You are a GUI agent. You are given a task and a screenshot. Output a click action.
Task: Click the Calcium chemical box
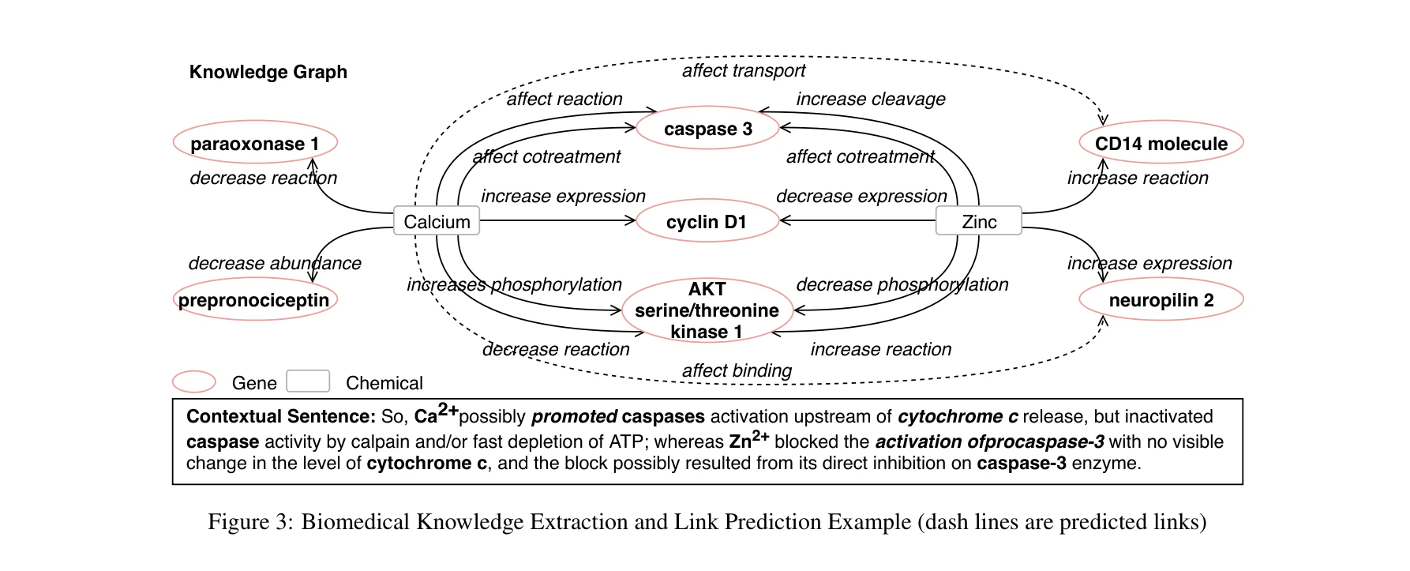pos(437,221)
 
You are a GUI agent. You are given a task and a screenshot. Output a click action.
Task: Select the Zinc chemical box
pos(978,221)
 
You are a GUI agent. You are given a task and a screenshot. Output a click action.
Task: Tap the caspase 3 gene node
pos(707,129)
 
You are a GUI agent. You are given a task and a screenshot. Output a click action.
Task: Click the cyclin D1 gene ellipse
pos(707,222)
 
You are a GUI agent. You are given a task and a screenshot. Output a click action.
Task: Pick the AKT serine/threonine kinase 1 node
pos(707,310)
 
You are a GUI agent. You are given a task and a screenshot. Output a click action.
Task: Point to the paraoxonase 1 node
pos(255,143)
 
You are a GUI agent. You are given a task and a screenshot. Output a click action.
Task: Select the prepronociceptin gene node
pos(254,299)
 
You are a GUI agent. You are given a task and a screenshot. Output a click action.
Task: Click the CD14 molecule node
pos(1161,143)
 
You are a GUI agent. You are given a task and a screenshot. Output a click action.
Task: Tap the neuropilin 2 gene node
pos(1161,299)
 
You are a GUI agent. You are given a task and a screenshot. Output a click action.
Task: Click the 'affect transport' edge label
pos(743,71)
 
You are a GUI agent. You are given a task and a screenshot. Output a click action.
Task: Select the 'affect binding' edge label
pos(736,370)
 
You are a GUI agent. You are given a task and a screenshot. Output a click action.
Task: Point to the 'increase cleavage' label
pos(870,100)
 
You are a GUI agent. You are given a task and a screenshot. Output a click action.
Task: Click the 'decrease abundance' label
pos(274,263)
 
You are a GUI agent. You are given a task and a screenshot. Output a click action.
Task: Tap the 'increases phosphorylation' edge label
pos(514,284)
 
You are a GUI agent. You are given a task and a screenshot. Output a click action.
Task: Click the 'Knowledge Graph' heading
pos(268,72)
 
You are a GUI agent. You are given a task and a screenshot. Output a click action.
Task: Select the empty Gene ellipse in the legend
pos(194,382)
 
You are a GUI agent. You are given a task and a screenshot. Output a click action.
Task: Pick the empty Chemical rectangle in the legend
pos(308,381)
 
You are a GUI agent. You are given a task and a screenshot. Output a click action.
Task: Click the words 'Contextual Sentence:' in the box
pos(280,417)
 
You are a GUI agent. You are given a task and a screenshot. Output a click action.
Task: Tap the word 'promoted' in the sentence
pos(574,417)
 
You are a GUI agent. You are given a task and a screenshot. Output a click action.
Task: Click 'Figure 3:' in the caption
pos(250,522)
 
